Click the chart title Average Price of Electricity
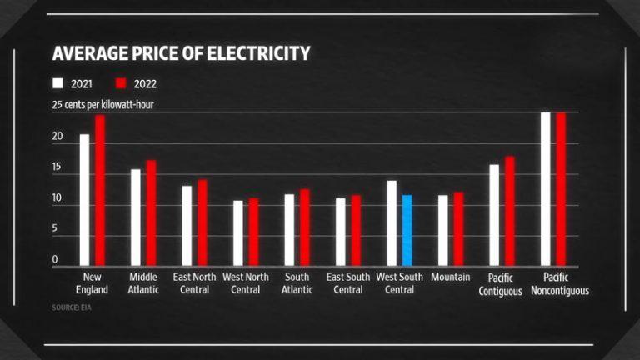181,54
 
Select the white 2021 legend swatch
57,83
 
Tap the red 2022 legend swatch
119,83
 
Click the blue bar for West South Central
407,230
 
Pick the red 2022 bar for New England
100,191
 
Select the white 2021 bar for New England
84,200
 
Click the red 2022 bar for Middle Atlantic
151,213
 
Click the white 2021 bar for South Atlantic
289,230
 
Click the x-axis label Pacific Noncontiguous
560,284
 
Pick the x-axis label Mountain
451,277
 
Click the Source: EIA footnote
72,307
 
